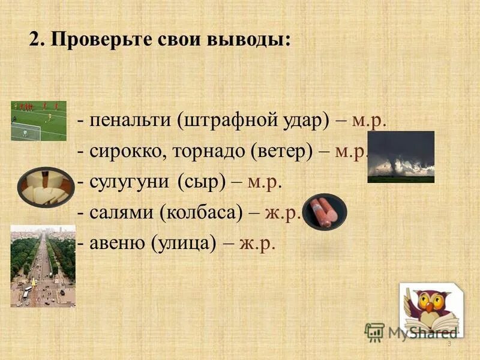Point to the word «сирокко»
click(x=127, y=152)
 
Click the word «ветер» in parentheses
click(x=280, y=152)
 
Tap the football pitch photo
click(x=38, y=121)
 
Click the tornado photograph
click(x=401, y=157)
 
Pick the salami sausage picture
click(x=325, y=211)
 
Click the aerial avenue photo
click(x=43, y=266)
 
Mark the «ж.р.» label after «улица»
click(x=257, y=244)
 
